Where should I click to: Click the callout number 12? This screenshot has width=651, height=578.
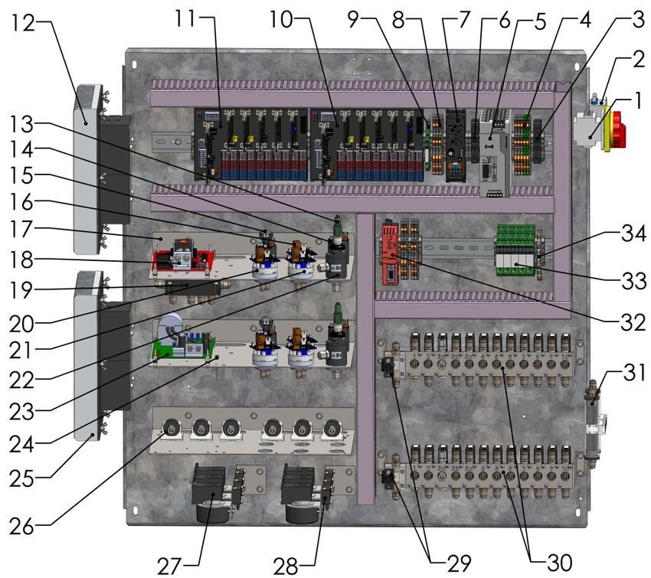pyautogui.click(x=23, y=24)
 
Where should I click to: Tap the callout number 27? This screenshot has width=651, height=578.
pyautogui.click(x=169, y=566)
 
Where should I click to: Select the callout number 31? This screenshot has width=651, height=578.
pyautogui.click(x=634, y=374)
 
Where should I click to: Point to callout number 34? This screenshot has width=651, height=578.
pyautogui.click(x=633, y=234)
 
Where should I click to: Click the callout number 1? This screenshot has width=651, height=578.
pyautogui.click(x=638, y=101)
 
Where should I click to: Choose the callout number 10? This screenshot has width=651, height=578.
pyautogui.click(x=281, y=19)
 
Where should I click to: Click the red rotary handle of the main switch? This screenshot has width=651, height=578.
pyautogui.click(x=618, y=129)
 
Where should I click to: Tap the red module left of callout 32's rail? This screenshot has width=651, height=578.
pyautogui.click(x=391, y=253)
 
